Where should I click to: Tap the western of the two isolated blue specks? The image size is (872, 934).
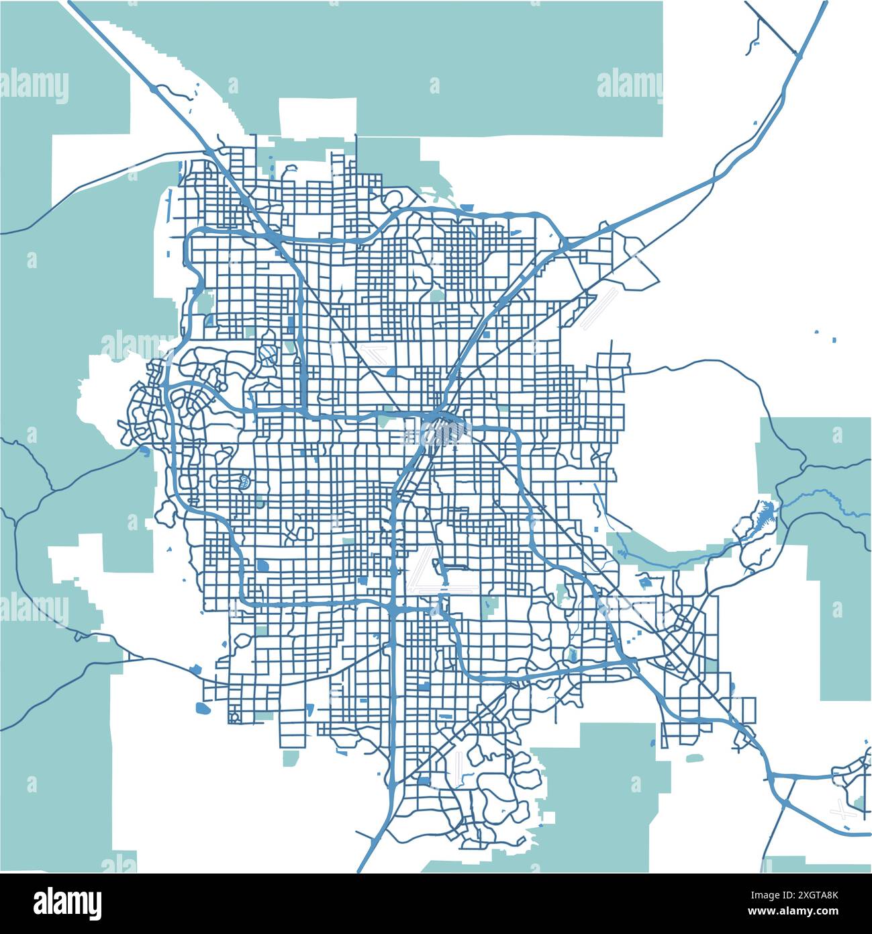[816, 332]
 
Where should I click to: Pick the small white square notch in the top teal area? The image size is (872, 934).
[318, 118]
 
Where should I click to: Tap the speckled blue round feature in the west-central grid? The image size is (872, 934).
[242, 480]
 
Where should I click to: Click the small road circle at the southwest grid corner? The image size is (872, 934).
[234, 717]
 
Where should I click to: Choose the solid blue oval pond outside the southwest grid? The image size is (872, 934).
[202, 708]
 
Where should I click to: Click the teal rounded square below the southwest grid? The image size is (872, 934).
[291, 758]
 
